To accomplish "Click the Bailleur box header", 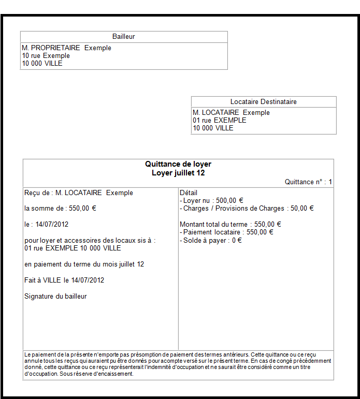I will [124, 37].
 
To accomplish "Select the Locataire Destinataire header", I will [263, 102].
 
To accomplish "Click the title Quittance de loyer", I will [178, 164].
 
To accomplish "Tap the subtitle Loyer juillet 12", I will [178, 173].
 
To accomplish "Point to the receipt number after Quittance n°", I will [330, 182].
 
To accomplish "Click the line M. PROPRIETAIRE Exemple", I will [67, 48].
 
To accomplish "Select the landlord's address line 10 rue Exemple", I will [46, 56].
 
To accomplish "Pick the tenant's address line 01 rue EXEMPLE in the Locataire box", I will [220, 121].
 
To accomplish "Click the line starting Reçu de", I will [79, 193].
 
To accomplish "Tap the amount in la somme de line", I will [83, 209].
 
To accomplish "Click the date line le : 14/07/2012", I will [47, 225].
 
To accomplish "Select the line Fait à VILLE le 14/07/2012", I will [64, 280].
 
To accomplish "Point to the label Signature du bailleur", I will [55, 297].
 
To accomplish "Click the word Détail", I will [189, 193].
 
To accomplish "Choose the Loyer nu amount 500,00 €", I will [230, 201].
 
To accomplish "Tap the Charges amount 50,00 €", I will [303, 209].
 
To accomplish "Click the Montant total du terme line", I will [231, 225].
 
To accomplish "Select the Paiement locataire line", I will [226, 232].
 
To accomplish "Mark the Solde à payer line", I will [211, 241].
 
